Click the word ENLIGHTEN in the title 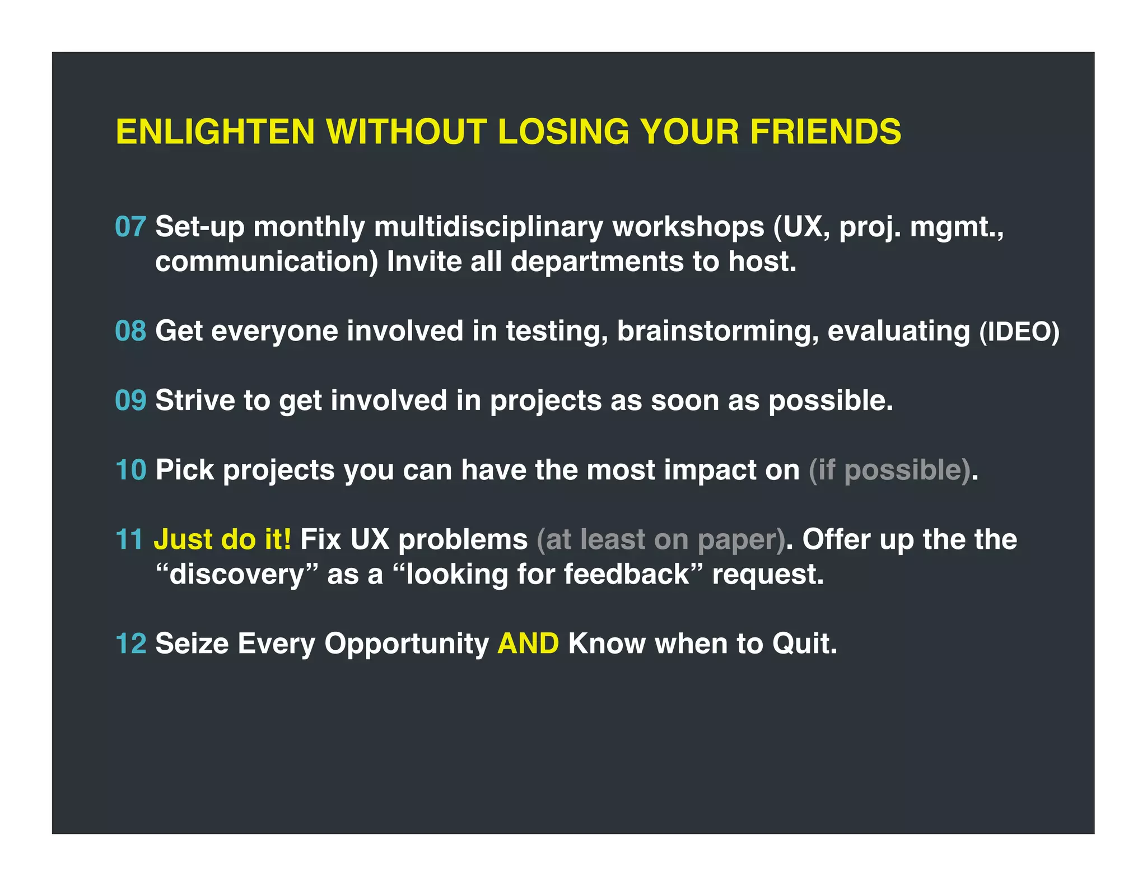tap(215, 132)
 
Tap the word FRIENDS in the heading tap(826, 132)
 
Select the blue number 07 tap(130, 227)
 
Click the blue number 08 tap(130, 331)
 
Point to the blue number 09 tap(130, 400)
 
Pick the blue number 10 tap(130, 470)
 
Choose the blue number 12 tap(130, 643)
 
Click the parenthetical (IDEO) tap(1019, 332)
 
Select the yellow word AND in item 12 tap(528, 643)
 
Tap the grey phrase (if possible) tap(889, 470)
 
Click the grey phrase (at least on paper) tap(661, 540)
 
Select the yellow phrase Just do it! tap(222, 539)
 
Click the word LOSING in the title tap(563, 132)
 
